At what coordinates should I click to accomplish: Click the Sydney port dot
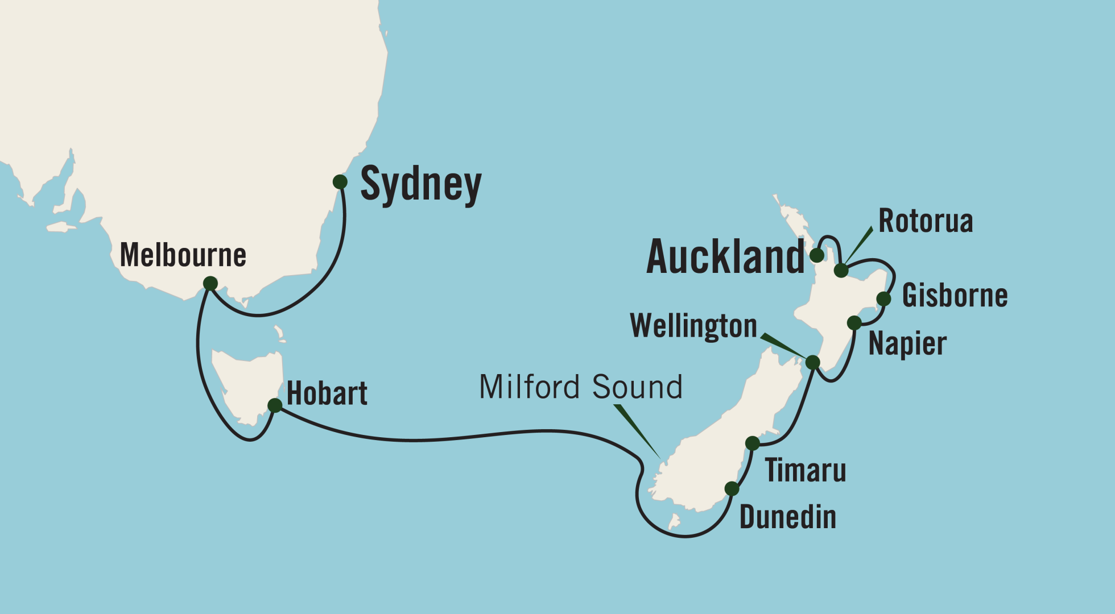[x=340, y=182]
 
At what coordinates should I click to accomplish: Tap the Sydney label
[x=421, y=185]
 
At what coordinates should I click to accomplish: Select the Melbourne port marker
[x=210, y=283]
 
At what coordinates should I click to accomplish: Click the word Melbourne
[x=183, y=255]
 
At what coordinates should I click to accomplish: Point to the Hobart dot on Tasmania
[x=275, y=405]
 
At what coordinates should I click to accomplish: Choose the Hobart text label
[x=327, y=393]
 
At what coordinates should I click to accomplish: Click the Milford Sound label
[x=580, y=387]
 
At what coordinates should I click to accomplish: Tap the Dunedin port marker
[x=732, y=488]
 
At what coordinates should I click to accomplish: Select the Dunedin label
[x=787, y=517]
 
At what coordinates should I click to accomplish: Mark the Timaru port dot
[x=752, y=443]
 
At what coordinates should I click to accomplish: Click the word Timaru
[x=805, y=471]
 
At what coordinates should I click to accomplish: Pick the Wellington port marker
[x=812, y=362]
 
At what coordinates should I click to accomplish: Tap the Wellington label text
[x=693, y=326]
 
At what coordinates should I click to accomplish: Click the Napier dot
[x=854, y=323]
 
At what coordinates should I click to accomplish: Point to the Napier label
[x=907, y=344]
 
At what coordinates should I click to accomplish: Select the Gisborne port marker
[x=883, y=298]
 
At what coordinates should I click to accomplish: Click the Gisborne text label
[x=955, y=296]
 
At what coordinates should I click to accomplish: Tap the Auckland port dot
[x=817, y=255]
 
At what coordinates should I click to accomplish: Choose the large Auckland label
[x=725, y=257]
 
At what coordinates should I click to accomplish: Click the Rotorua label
[x=926, y=221]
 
